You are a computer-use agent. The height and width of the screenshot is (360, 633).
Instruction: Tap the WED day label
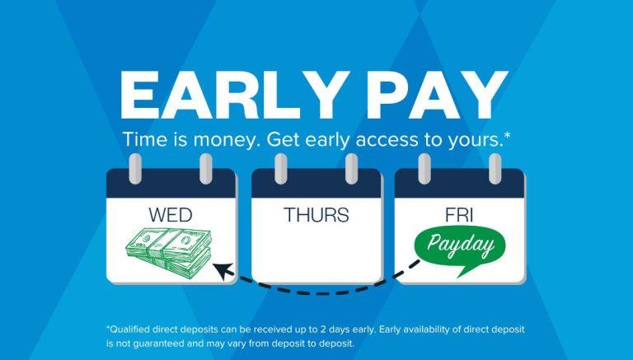point(171,216)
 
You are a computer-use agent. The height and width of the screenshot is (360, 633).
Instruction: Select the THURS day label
point(316,216)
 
